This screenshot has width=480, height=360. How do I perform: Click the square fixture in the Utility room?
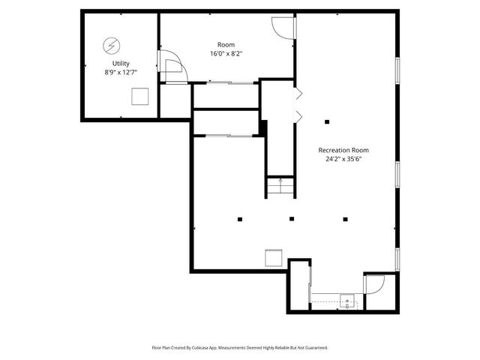click(x=139, y=96)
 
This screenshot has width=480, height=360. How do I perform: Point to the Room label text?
click(x=226, y=45)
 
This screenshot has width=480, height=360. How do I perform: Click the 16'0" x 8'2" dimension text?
click(x=226, y=54)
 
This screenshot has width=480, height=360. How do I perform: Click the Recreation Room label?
click(x=343, y=150)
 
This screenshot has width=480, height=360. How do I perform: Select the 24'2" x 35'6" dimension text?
click(x=343, y=159)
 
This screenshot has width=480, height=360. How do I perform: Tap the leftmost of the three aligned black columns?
click(x=240, y=219)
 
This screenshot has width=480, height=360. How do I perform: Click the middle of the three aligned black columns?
click(x=292, y=219)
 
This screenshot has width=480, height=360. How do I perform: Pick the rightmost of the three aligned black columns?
click(x=345, y=219)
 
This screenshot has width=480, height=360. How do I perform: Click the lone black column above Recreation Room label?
click(x=327, y=121)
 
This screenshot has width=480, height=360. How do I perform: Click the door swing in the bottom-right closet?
click(x=373, y=284)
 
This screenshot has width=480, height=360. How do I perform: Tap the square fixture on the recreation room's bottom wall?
click(x=274, y=257)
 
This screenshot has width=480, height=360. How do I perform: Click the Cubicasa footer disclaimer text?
click(x=240, y=348)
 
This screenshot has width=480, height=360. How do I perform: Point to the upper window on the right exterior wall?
click(x=398, y=70)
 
